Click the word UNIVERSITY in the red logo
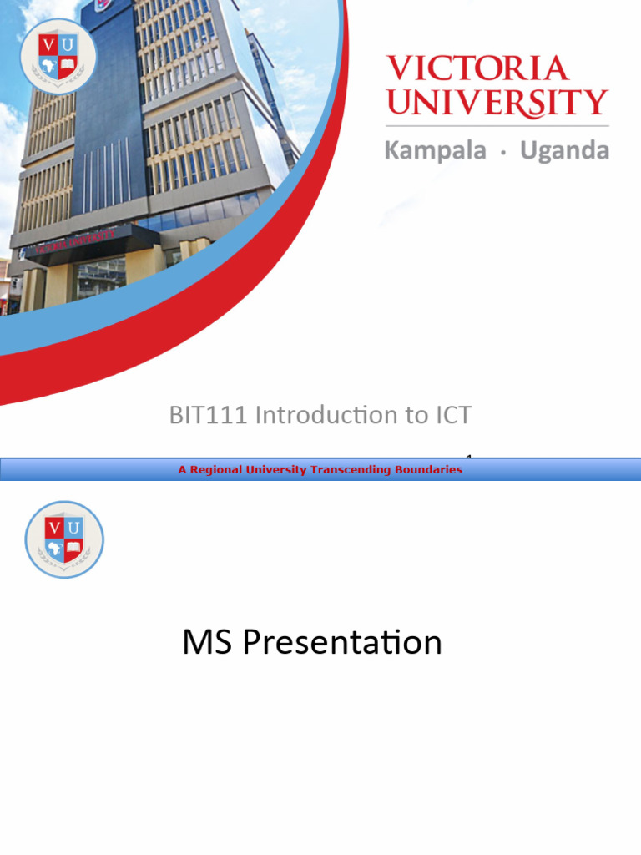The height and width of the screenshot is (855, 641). click(497, 103)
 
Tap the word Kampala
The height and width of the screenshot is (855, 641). click(434, 151)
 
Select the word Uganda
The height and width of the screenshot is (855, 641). click(564, 151)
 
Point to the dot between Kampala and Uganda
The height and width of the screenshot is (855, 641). click(502, 153)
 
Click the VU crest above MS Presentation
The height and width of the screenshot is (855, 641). click(64, 539)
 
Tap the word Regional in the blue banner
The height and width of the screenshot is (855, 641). click(216, 470)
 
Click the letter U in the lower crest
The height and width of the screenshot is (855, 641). click(74, 528)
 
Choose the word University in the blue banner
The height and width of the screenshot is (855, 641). click(276, 470)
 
